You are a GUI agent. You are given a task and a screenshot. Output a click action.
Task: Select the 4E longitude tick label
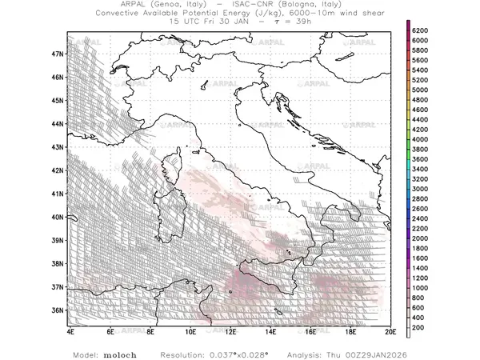pyautogui.click(x=70, y=331)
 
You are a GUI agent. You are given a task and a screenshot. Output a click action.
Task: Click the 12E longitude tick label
pyautogui.click(x=230, y=331)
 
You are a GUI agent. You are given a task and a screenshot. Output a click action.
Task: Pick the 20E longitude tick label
pyautogui.click(x=390, y=331)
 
